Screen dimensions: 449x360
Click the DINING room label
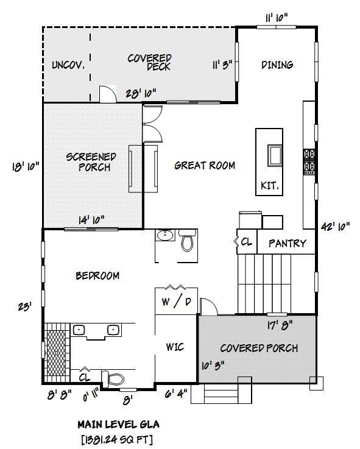pos(277,65)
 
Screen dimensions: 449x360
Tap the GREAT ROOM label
pos(205,165)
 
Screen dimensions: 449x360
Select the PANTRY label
pos(287,243)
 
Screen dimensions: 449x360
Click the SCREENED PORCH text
pos(91,162)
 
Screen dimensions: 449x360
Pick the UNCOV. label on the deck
pos(68,65)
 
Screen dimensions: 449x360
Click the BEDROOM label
pos(97,275)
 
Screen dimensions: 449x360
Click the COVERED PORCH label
pos(259,348)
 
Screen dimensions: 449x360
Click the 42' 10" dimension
pos(335,226)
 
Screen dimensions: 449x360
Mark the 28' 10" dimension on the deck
pos(141,93)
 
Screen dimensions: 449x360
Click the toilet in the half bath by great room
pos(187,241)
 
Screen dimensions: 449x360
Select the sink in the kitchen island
pos(274,155)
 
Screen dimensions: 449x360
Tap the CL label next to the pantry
pos(246,242)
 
